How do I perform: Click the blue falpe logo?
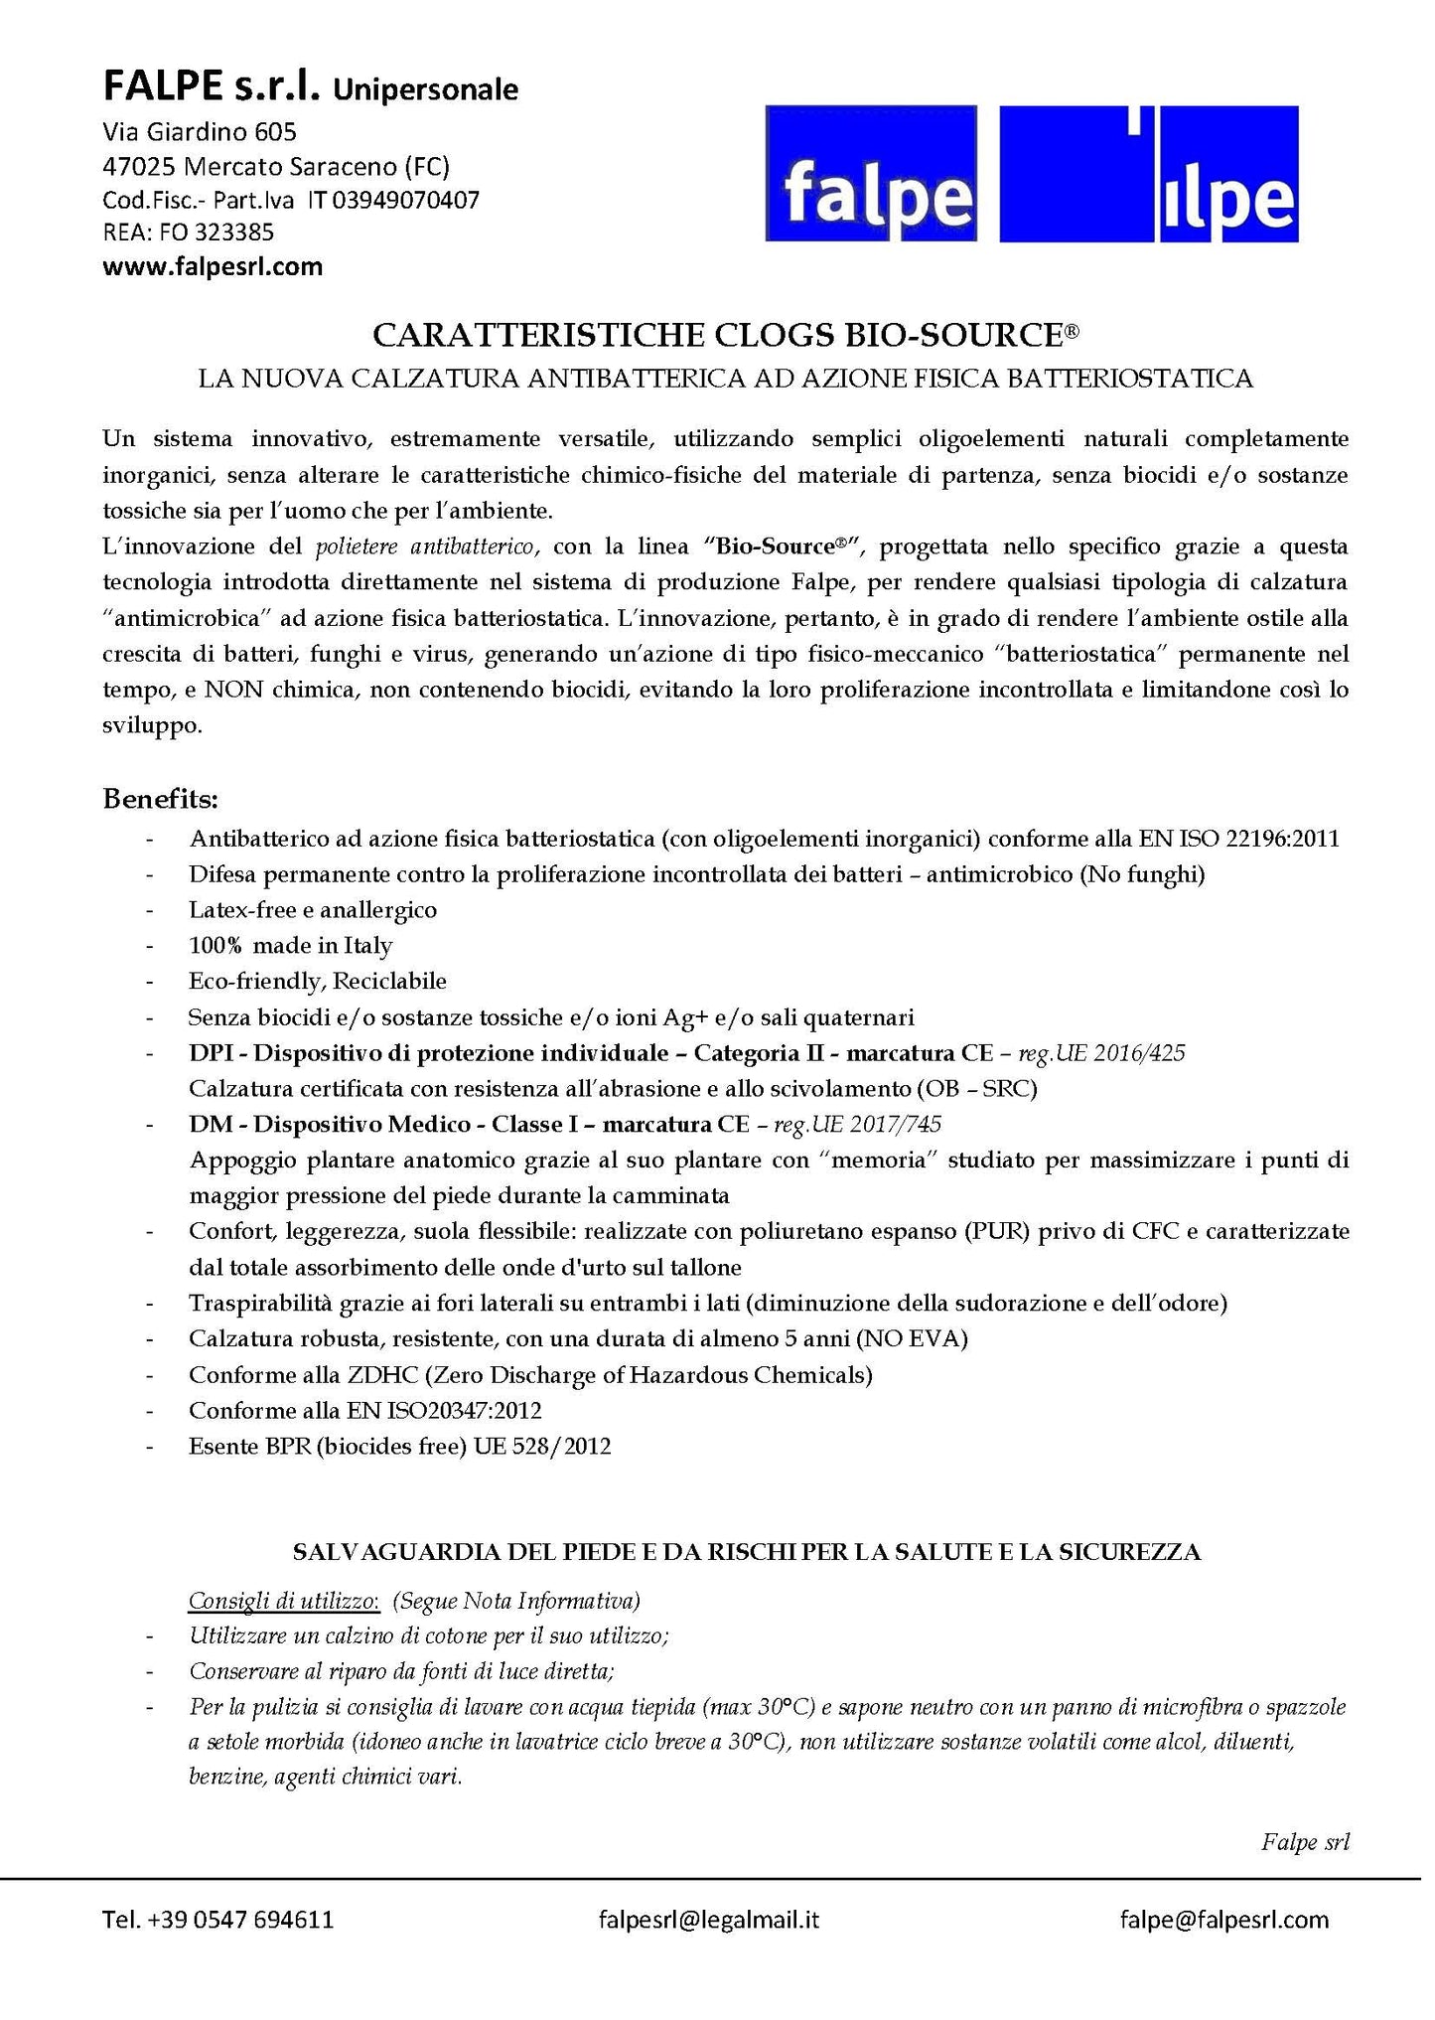[872, 174]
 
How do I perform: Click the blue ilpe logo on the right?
[1149, 174]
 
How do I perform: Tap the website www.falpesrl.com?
[214, 266]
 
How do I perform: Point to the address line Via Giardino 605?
[200, 131]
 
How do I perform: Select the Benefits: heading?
[160, 799]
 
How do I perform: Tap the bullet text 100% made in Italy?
[290, 945]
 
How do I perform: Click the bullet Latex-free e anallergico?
[313, 909]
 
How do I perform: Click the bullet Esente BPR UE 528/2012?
[399, 1447]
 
